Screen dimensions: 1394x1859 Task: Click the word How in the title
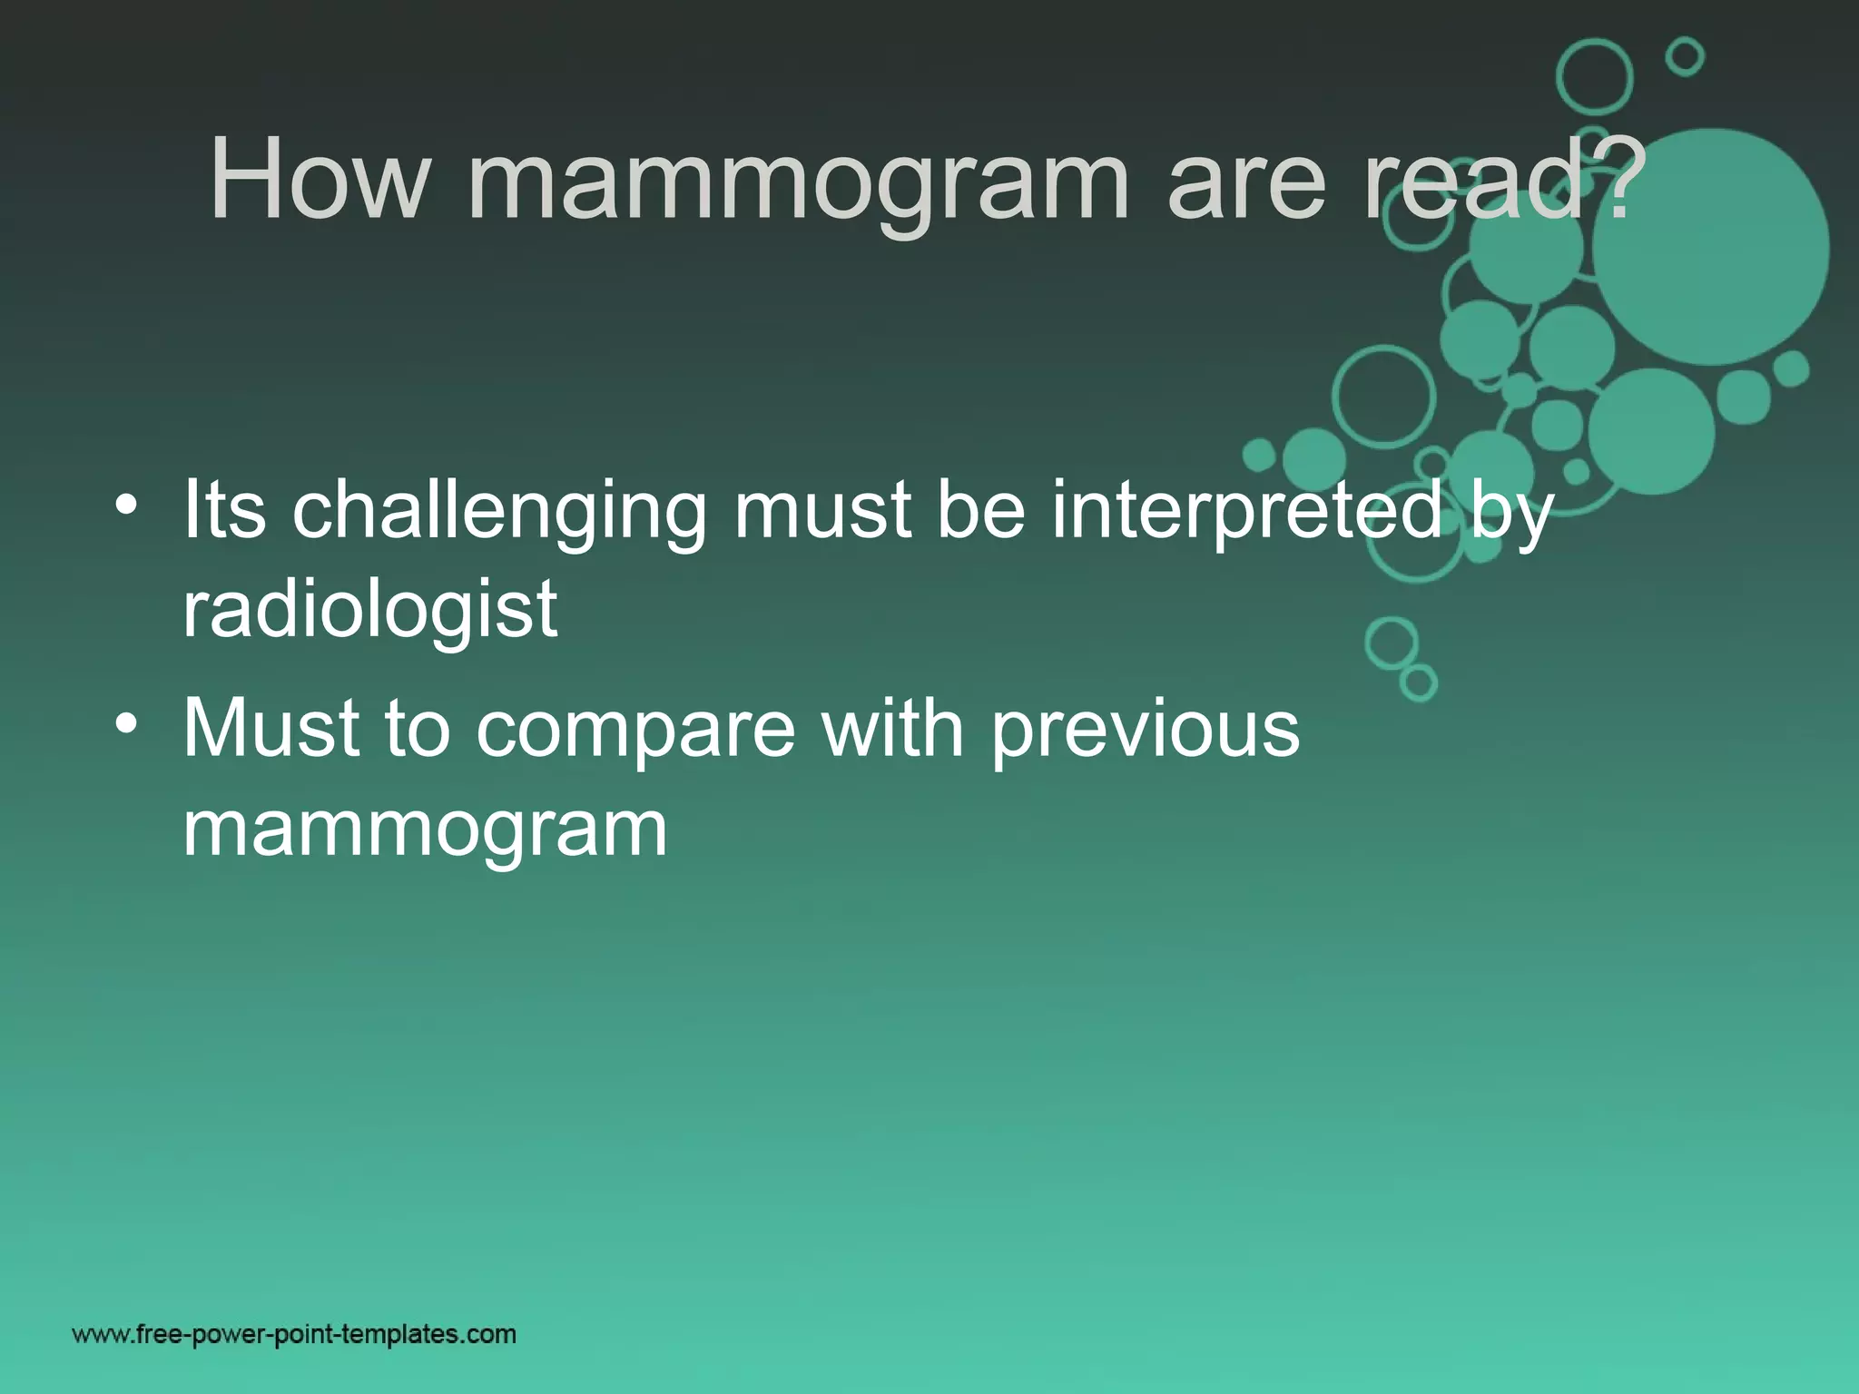(x=318, y=180)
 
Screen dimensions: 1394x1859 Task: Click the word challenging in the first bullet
(x=499, y=513)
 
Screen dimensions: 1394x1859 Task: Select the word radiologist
(x=369, y=610)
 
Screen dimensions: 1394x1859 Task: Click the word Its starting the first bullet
(x=224, y=510)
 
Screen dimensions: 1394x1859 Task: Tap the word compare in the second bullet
(x=635, y=731)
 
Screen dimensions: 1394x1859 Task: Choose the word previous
(x=1145, y=731)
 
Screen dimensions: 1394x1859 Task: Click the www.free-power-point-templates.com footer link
(x=294, y=1334)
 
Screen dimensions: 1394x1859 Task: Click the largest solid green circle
(x=1710, y=247)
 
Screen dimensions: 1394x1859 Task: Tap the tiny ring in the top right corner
(x=1685, y=57)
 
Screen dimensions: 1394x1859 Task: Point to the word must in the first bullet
(x=822, y=513)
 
